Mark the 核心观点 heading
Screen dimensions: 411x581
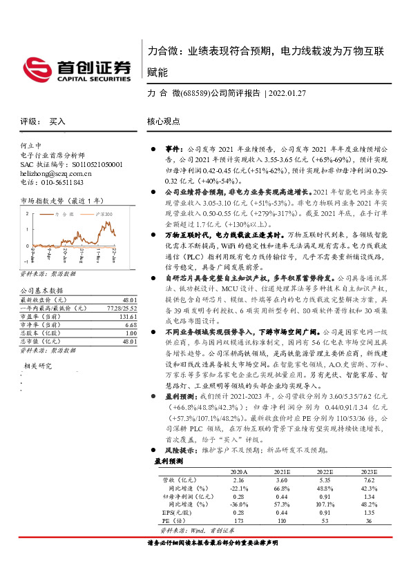tap(164, 121)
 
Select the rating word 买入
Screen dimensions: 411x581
tap(57, 121)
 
